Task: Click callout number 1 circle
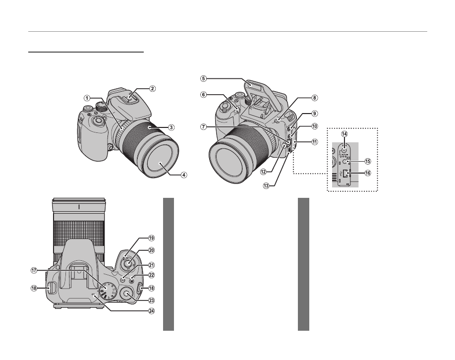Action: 87,98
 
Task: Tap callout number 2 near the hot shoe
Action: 153,89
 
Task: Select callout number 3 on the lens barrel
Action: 171,127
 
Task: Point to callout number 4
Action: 171,175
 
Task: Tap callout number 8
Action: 301,99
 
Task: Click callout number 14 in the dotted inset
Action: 344,134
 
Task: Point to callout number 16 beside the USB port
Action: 367,174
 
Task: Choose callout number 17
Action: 34,270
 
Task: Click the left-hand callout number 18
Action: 34,288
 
